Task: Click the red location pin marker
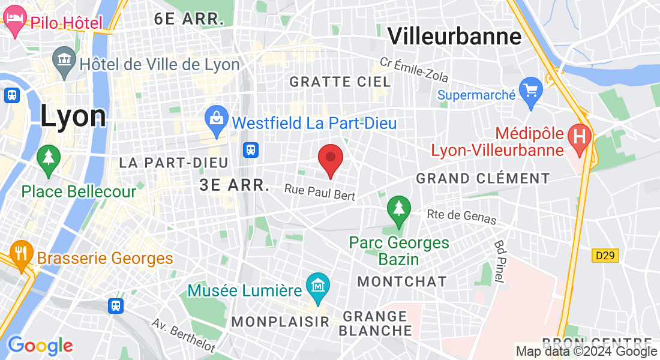point(330,158)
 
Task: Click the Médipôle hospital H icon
point(580,134)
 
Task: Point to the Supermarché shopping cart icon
point(531,91)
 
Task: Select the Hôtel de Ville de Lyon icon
point(64,61)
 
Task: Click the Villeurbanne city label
point(454,36)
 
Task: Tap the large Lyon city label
point(73,115)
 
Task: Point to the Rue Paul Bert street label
point(320,192)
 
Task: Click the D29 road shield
point(605,256)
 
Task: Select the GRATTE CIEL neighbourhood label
point(340,82)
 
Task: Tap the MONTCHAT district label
point(401,281)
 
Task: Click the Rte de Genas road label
point(461,217)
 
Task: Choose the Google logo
point(40,346)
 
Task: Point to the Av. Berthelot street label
point(183,335)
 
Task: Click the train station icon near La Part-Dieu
point(251,149)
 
